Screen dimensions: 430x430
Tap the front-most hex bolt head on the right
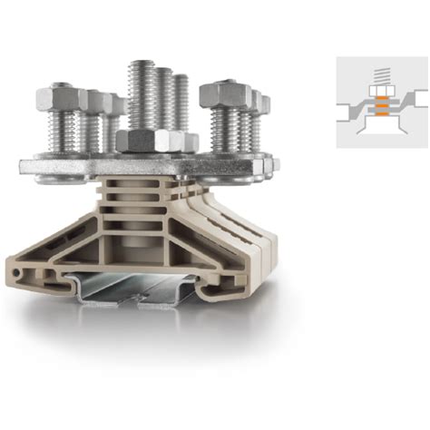(x=221, y=93)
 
